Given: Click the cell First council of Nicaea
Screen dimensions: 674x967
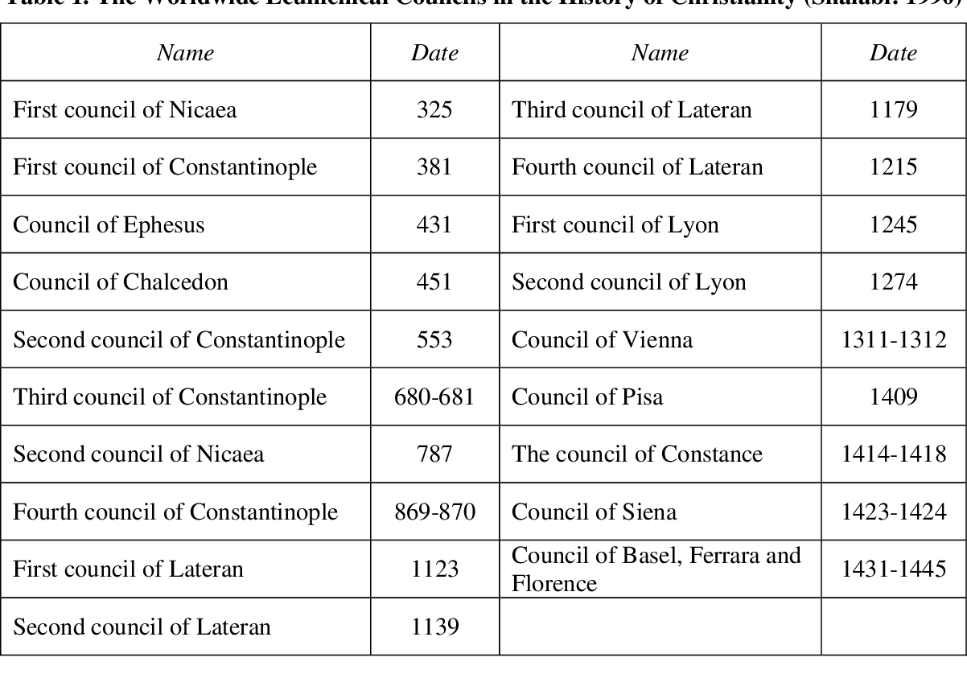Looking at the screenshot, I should [125, 109].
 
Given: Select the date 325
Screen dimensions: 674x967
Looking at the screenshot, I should [434, 109].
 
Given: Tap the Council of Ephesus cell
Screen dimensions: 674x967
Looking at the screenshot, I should [109, 224].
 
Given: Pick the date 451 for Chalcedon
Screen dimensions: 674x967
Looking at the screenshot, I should [434, 282].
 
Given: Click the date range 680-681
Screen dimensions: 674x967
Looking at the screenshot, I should [434, 397].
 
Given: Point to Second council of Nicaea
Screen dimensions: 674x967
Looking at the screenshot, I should [138, 454].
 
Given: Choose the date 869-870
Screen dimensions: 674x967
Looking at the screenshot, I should [434, 512].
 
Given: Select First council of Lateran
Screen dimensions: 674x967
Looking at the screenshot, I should [128, 569].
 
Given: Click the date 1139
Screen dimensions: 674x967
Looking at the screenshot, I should [434, 627].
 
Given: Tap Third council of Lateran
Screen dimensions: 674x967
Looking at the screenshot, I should [632, 109].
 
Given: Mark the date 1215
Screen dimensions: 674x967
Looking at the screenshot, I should [893, 166].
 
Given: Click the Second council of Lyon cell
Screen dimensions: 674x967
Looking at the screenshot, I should [628, 282].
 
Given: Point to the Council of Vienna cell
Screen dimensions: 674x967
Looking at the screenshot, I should [602, 339].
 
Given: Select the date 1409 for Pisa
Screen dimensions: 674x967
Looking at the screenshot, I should [893, 397].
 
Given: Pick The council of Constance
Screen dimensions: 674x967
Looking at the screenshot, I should [636, 454].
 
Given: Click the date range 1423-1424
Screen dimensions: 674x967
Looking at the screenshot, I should [893, 512].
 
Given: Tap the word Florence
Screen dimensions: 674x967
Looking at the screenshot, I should [554, 583].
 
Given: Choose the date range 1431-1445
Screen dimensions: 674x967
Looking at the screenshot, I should [893, 569].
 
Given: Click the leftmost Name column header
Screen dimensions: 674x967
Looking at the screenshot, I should [185, 53].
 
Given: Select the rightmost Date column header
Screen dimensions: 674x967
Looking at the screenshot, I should [893, 53].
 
